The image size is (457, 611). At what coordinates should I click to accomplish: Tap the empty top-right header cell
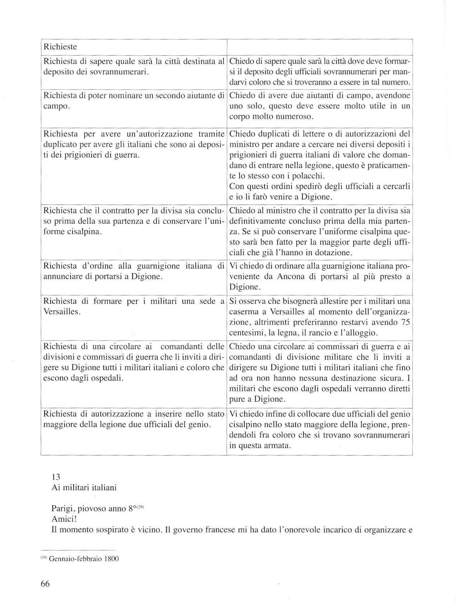[320, 47]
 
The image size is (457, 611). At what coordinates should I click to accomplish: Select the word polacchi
[310, 176]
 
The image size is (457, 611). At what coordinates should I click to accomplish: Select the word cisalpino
[245, 425]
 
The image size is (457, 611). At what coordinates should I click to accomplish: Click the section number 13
[56, 477]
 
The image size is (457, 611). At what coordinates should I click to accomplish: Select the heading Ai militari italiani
[84, 488]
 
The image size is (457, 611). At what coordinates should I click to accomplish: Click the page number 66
[45, 584]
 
